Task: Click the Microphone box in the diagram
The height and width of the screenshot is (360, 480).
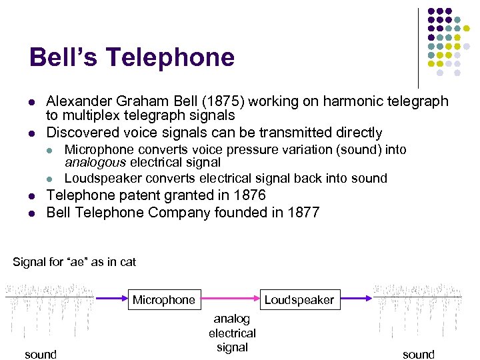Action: pos(164,300)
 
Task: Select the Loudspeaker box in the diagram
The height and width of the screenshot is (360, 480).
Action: pos(299,300)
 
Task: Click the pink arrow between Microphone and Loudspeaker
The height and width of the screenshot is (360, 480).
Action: pos(230,299)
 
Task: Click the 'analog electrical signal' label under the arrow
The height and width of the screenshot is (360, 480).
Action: pos(232,333)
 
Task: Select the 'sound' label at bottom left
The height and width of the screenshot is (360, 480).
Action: pos(41,354)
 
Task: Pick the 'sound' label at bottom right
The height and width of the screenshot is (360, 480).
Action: pos(419,354)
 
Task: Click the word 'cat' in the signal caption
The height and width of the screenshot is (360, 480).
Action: pos(128,262)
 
